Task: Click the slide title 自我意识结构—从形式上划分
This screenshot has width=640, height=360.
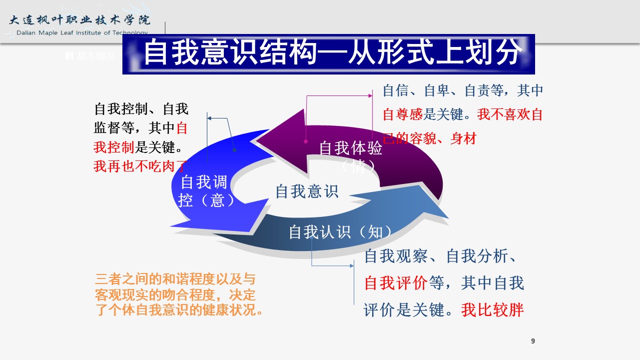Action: (328, 53)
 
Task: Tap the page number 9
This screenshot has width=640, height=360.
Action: (533, 341)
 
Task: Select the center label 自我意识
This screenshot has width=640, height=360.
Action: (307, 191)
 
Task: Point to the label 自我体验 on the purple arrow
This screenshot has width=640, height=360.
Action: (351, 148)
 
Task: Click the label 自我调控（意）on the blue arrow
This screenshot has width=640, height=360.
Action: (203, 191)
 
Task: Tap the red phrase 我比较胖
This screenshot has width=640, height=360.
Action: (492, 309)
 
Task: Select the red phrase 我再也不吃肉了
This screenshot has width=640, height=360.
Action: (140, 165)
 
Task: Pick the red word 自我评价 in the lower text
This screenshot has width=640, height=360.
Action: (396, 283)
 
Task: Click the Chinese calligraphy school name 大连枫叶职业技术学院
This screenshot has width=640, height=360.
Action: (80, 20)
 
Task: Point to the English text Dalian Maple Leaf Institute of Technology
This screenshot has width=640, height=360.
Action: (82, 33)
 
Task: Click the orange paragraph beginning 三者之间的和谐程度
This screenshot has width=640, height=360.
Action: (178, 294)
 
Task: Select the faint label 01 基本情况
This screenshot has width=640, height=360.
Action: (90, 56)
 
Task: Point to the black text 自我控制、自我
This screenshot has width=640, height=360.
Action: (141, 109)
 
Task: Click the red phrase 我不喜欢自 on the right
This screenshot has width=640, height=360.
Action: (510, 114)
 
